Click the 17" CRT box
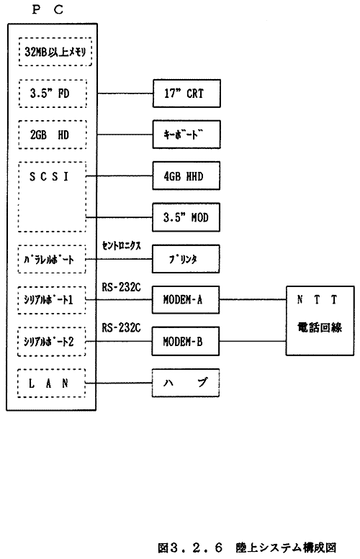coord(186,94)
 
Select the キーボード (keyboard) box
coord(186,135)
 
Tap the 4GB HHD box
coord(186,176)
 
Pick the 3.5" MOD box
coord(186,217)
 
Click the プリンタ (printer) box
coord(186,259)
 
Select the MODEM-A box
coord(186,300)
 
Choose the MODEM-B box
coord(186,342)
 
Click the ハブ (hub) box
coord(186,383)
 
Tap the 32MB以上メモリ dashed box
coord(55,52)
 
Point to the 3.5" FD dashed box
coord(53,94)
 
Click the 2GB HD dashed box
coord(53,135)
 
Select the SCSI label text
coord(49,176)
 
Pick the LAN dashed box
coord(52,383)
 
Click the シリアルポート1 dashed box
coord(52,300)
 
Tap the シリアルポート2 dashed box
coord(52,342)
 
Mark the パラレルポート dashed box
coord(52,259)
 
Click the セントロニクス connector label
coord(121,245)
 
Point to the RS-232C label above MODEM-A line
coord(121,287)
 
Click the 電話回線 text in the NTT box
coord(320,327)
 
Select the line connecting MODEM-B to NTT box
coord(253,342)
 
